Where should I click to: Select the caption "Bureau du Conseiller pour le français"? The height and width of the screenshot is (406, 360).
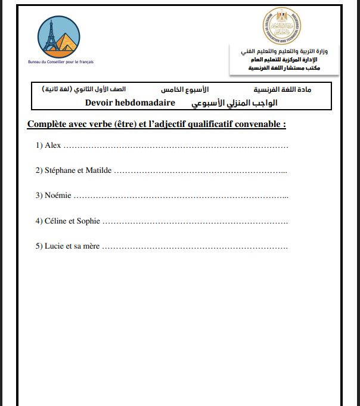61,62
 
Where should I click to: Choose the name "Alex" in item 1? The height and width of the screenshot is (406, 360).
52,145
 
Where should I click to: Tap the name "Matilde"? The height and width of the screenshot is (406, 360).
98,171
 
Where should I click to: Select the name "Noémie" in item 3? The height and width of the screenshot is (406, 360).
57,196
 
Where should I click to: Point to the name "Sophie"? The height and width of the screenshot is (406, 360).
88,221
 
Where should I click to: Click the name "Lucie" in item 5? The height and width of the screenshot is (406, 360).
54,246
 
